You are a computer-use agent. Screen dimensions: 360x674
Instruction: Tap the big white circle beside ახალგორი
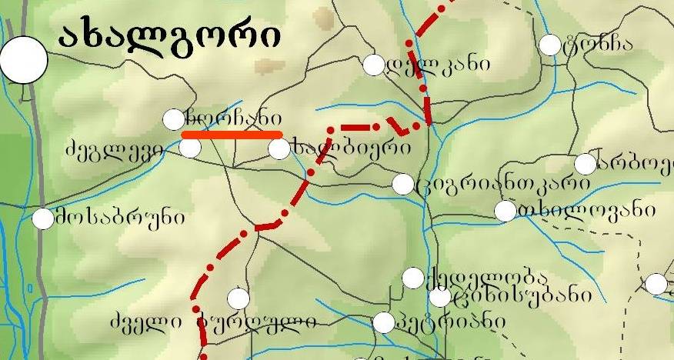pyautogui.click(x=24, y=60)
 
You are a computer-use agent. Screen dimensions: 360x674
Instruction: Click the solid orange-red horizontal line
pyautogui.click(x=232, y=134)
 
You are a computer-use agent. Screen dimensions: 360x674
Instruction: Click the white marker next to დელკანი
pyautogui.click(x=373, y=65)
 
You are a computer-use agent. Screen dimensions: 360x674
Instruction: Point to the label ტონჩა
pyautogui.click(x=597, y=43)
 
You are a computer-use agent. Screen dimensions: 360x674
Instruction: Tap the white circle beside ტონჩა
pyautogui.click(x=550, y=45)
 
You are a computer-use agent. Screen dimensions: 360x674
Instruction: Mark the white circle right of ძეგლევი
pyautogui.click(x=189, y=147)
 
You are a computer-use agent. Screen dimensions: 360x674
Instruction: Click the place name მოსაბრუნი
pyautogui.click(x=119, y=218)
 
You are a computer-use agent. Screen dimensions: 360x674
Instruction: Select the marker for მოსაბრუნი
pyautogui.click(x=43, y=218)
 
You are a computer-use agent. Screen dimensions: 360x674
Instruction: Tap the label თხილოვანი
pyautogui.click(x=586, y=210)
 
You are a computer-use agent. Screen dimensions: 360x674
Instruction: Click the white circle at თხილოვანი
pyautogui.click(x=505, y=211)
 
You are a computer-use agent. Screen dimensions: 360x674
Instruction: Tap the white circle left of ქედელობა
pyautogui.click(x=413, y=278)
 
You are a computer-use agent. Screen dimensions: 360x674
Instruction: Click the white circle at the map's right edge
pyautogui.click(x=656, y=284)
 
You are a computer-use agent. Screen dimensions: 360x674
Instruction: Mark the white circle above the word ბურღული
pyautogui.click(x=239, y=298)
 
